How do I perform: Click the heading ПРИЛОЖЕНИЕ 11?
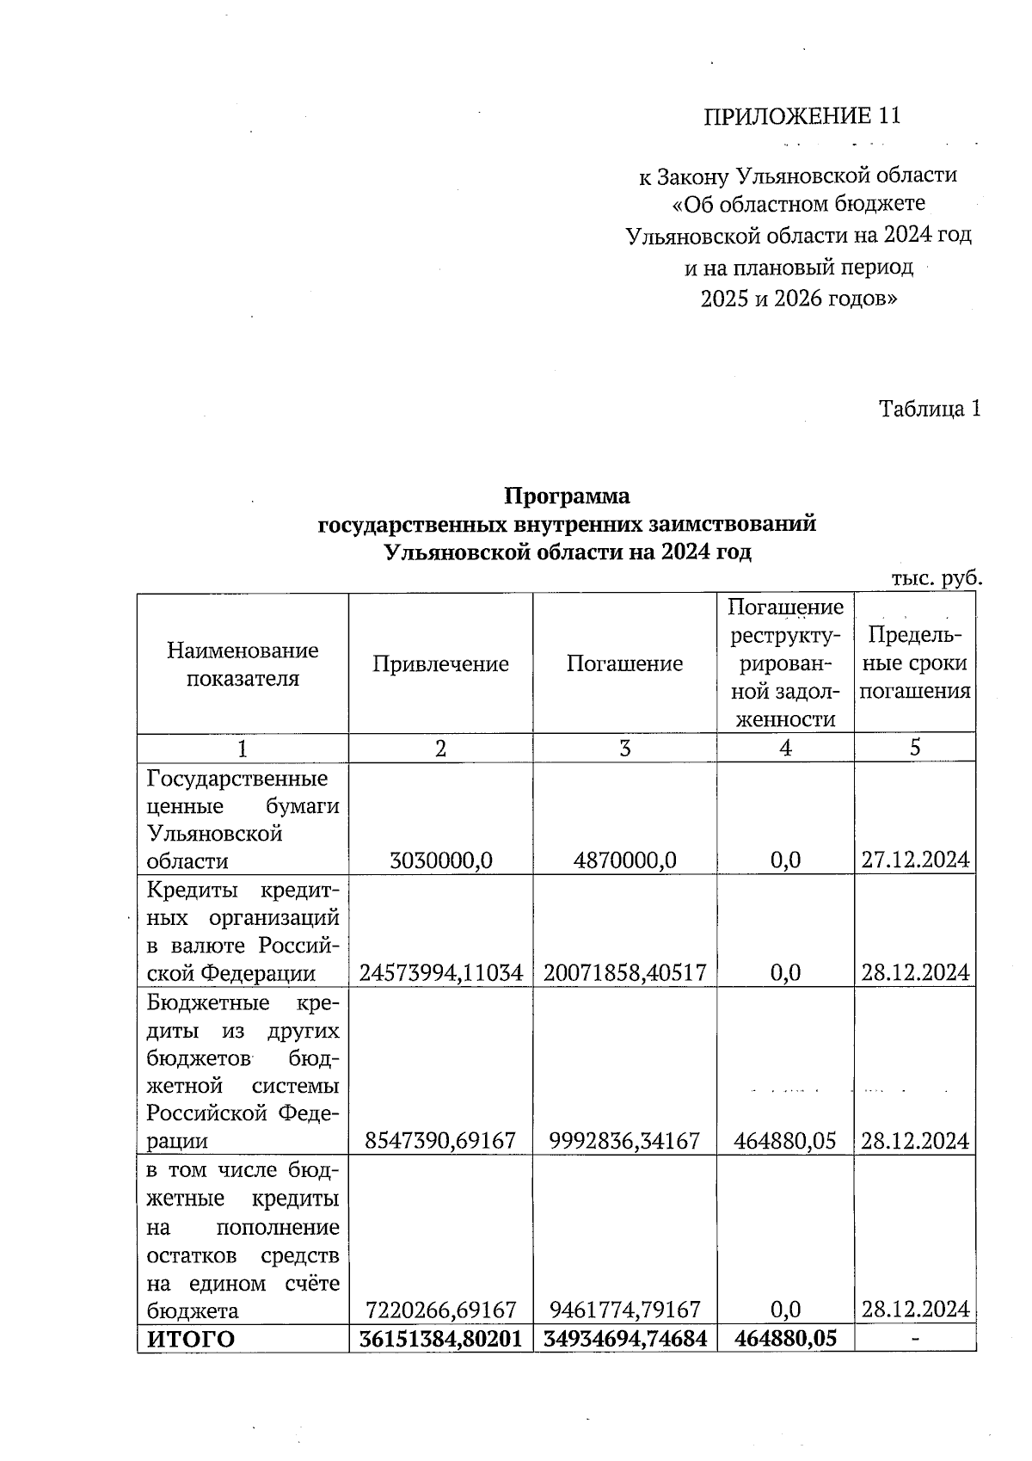[x=802, y=116]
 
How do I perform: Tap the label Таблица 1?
[x=929, y=409]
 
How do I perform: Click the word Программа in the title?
[x=567, y=496]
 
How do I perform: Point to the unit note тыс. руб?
[x=937, y=578]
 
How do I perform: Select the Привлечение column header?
[x=440, y=663]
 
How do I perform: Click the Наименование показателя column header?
[x=243, y=663]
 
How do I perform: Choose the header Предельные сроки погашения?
[x=914, y=663]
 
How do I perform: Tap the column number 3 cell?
[x=624, y=748]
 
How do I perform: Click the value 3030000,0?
[x=440, y=860]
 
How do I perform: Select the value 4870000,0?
[x=624, y=860]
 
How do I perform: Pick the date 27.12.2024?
[x=915, y=860]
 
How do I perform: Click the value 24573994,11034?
[x=440, y=973]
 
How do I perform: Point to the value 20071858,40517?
[x=624, y=973]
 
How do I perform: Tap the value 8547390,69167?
[x=440, y=1141]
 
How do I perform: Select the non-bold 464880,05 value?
[x=785, y=1141]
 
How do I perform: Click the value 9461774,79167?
[x=624, y=1310]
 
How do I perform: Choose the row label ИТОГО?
[x=191, y=1339]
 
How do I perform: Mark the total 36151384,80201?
[x=440, y=1339]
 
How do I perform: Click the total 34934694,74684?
[x=624, y=1339]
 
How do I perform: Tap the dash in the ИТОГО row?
[x=915, y=1339]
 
